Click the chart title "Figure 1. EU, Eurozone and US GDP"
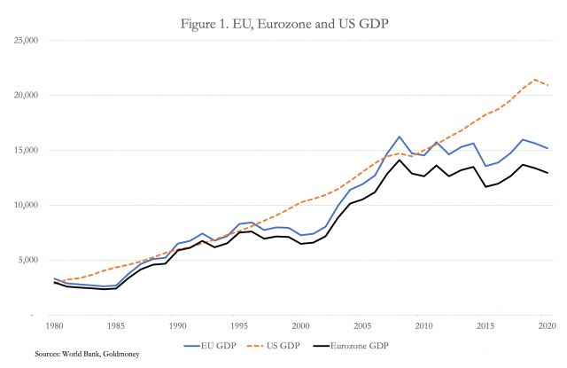283,20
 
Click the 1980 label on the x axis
55,325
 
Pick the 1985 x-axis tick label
116,325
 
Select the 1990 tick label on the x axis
177,325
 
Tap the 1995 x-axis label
238,325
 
